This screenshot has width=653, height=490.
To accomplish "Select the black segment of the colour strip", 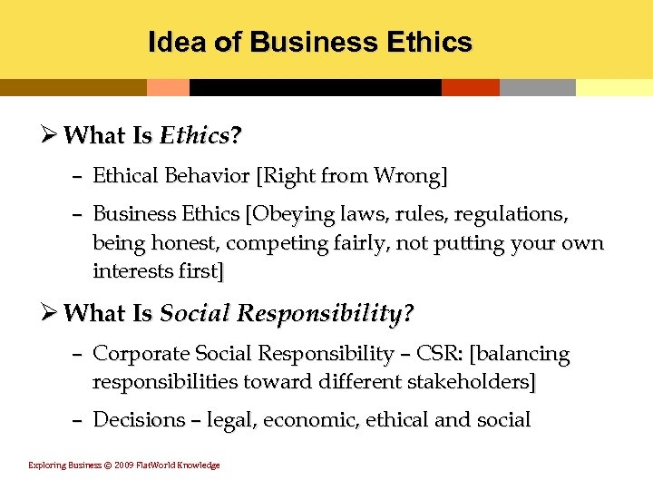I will (x=315, y=87).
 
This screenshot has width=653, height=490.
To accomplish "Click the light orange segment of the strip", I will (x=168, y=87).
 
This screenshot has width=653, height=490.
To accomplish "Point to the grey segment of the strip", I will (x=537, y=87).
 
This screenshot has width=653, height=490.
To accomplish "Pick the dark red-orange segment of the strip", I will (x=470, y=87).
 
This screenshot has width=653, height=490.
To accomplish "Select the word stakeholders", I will (x=471, y=382).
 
